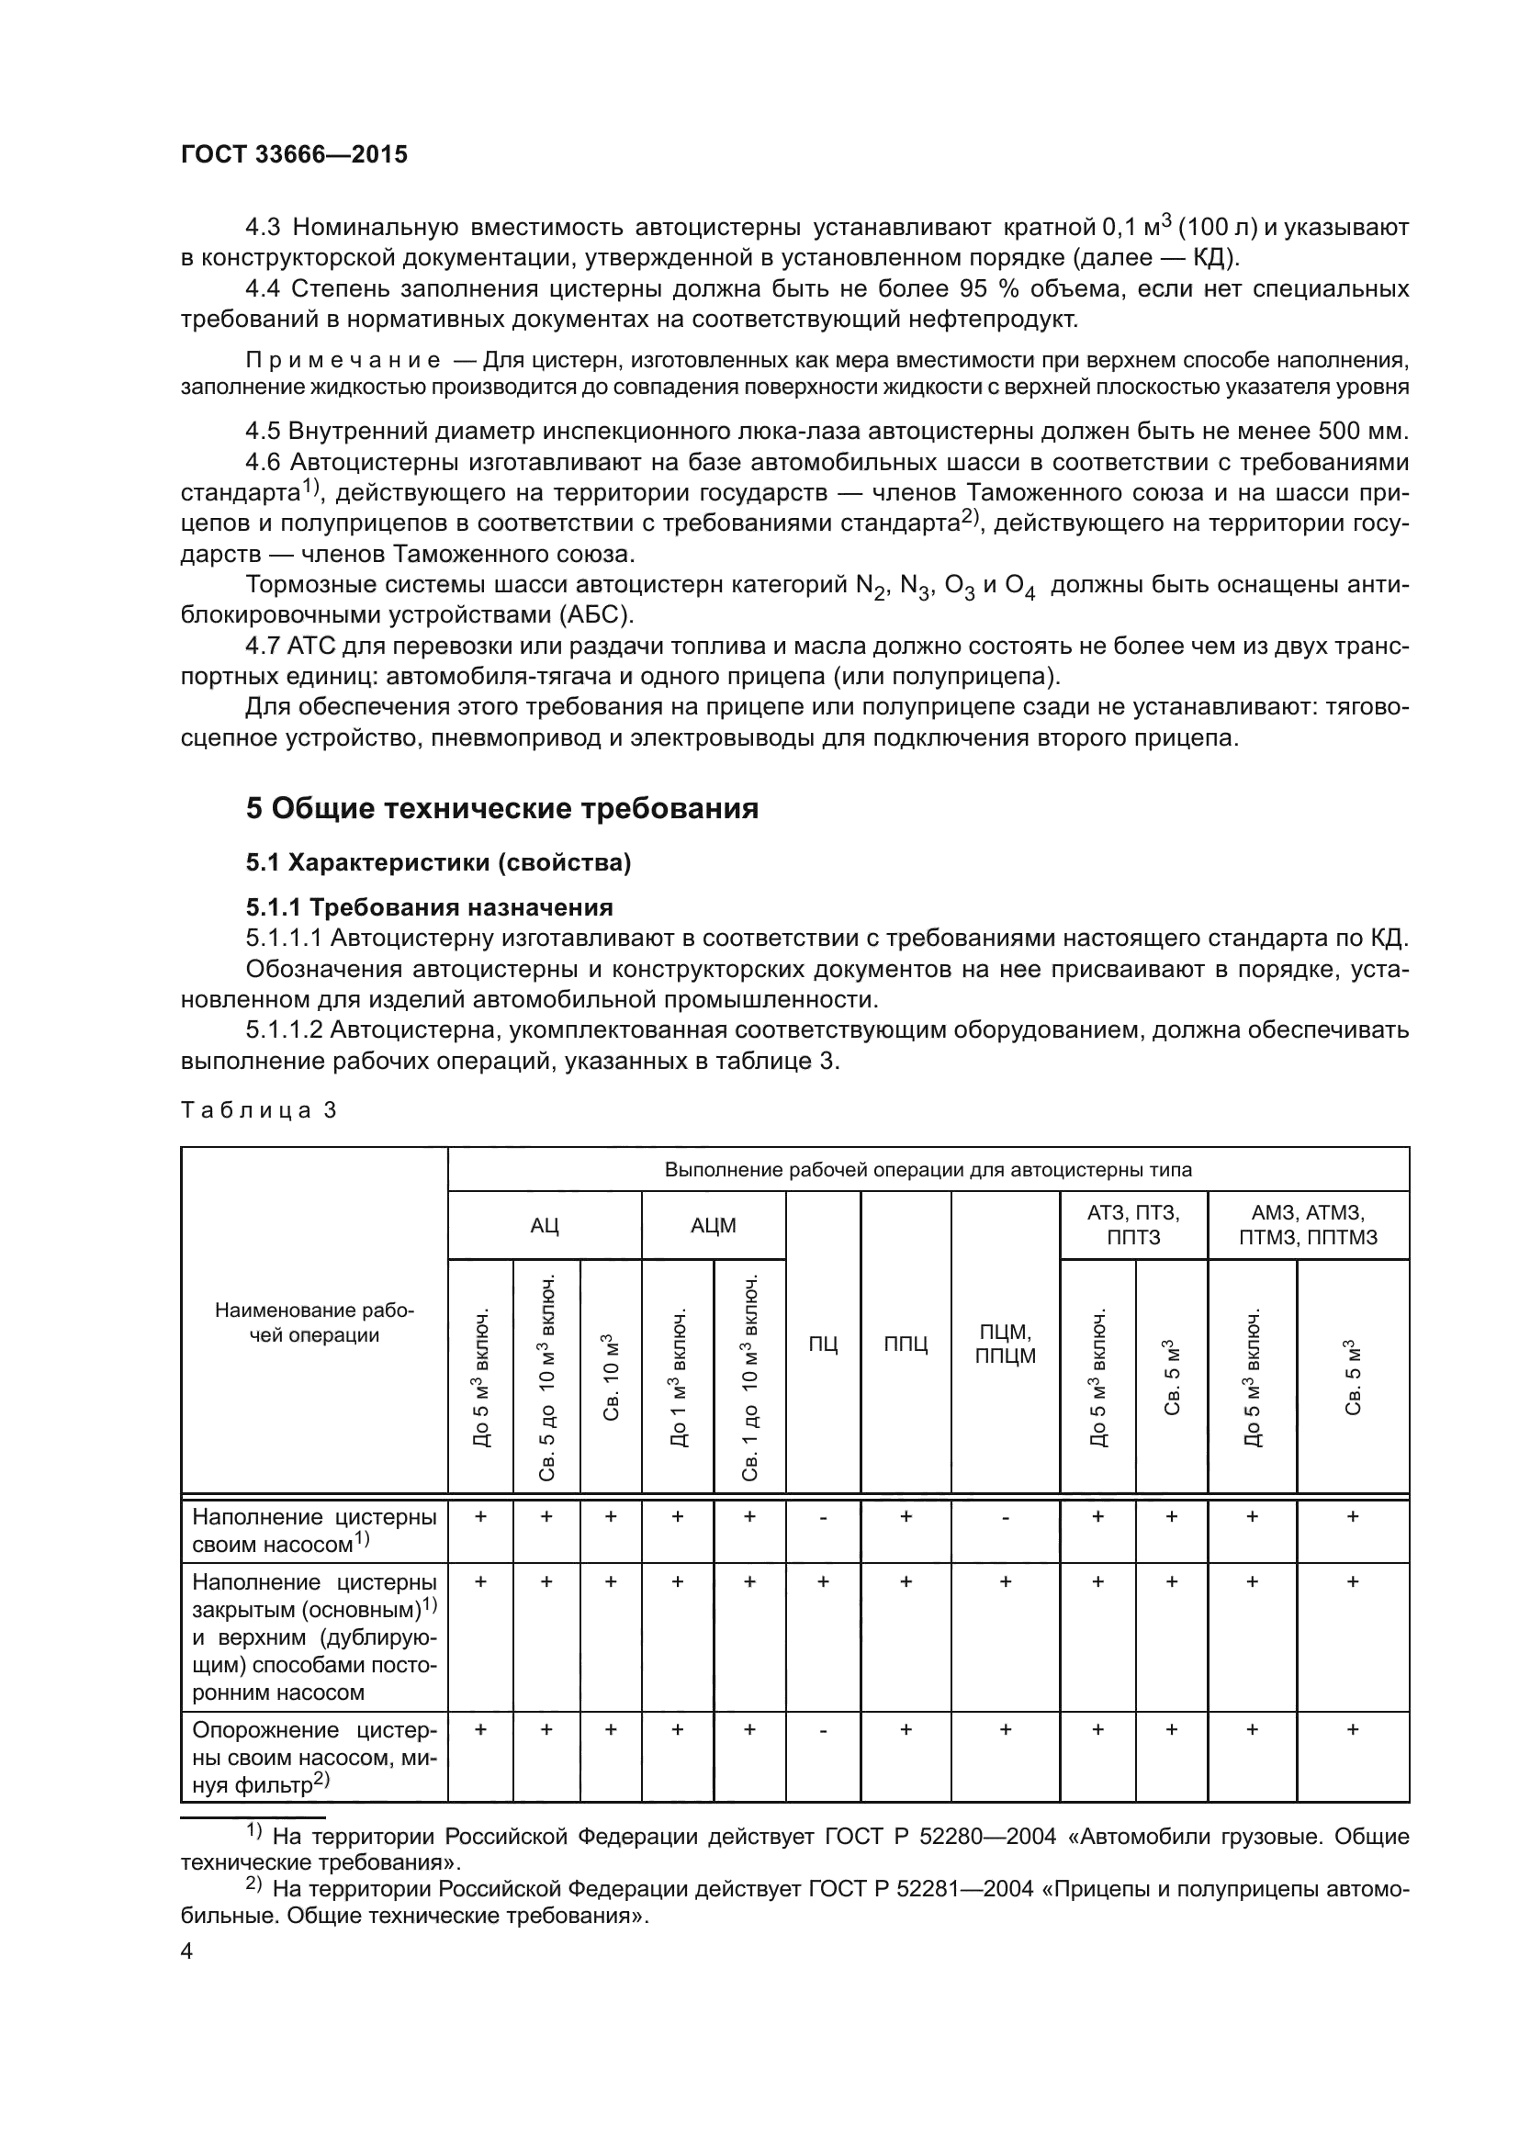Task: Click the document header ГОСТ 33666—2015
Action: [x=294, y=155]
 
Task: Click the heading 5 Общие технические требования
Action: [x=501, y=808]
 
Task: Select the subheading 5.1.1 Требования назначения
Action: [x=429, y=907]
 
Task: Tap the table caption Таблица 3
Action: [x=258, y=1110]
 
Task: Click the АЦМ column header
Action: [x=713, y=1226]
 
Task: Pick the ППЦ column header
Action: [x=906, y=1344]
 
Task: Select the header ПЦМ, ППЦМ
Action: [x=1006, y=1344]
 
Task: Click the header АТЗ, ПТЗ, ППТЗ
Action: [x=1132, y=1226]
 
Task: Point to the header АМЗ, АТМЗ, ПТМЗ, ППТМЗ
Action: [x=1308, y=1226]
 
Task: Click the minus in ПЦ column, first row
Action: [x=823, y=1517]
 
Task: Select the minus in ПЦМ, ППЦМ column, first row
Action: [x=1006, y=1517]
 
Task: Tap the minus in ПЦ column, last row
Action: [x=823, y=1731]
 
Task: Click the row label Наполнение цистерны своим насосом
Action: [x=314, y=1531]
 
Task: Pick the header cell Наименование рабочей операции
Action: [x=314, y=1321]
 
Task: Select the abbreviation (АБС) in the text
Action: [x=597, y=614]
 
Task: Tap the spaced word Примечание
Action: [x=343, y=361]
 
